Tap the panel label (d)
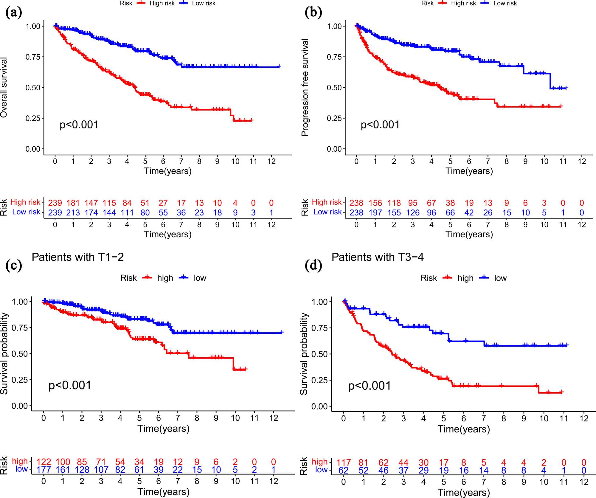(313, 265)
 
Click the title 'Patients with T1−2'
(78, 257)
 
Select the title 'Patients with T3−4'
(378, 257)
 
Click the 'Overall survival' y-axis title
(4, 87)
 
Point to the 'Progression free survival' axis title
(305, 87)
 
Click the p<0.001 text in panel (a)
(79, 125)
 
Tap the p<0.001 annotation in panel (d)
(370, 386)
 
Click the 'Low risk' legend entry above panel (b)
(505, 3)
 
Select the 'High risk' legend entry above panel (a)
(162, 3)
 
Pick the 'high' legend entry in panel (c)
(165, 278)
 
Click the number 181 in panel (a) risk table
(73, 203)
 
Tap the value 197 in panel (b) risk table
(375, 213)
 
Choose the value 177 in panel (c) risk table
(44, 470)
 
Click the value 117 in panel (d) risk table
(344, 463)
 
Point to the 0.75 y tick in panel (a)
(33, 57)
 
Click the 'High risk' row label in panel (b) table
(327, 202)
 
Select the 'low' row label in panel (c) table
(21, 469)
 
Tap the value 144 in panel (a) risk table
(109, 213)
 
